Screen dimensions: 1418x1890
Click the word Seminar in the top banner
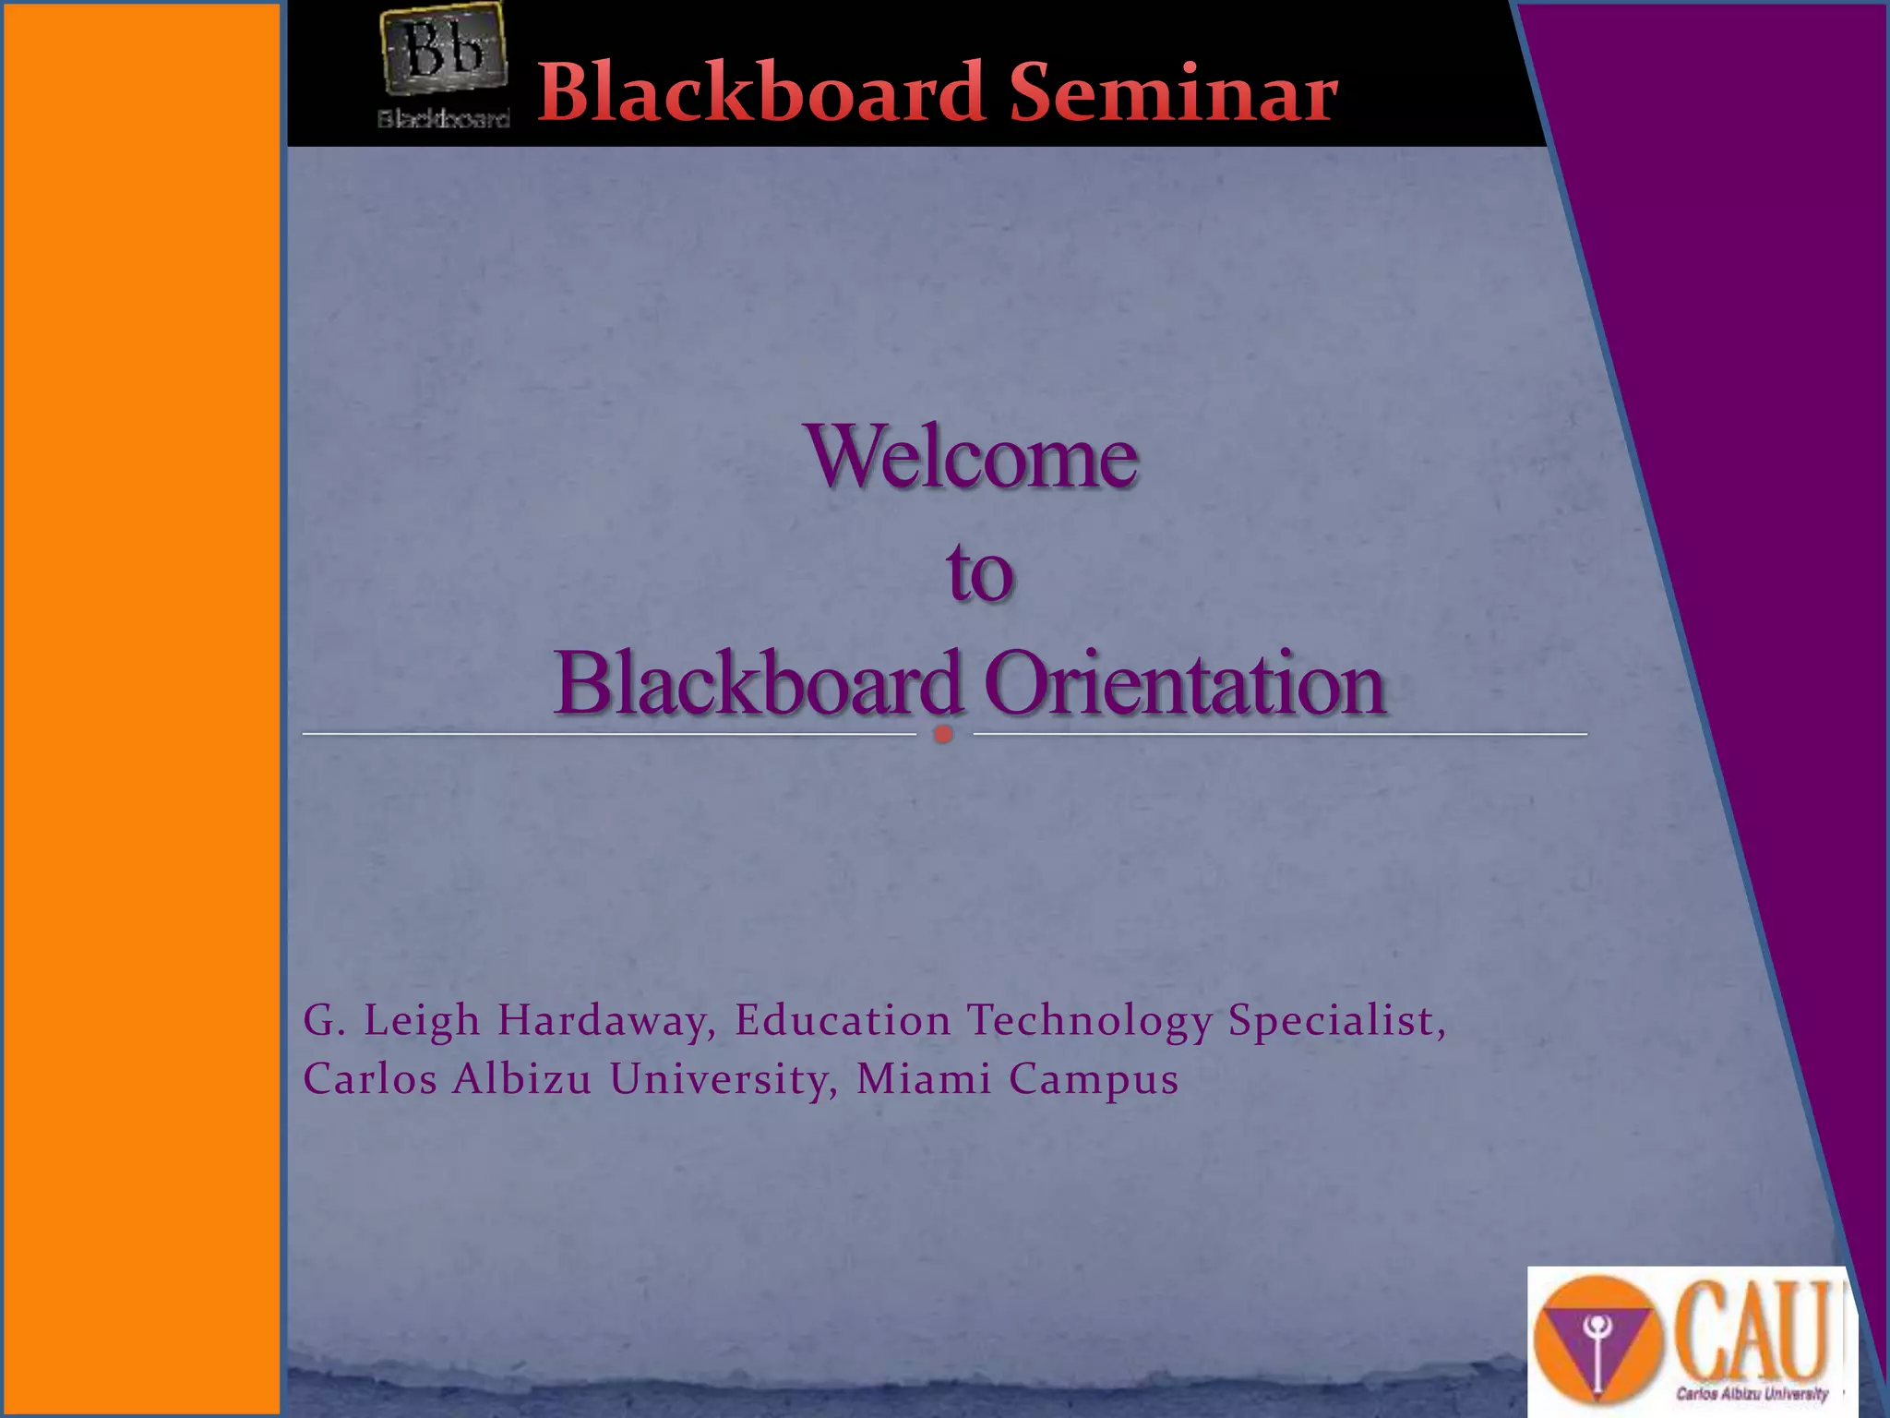1173,93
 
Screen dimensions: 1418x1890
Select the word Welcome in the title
973,457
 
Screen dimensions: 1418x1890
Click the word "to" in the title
979,572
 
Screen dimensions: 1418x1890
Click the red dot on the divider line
943,735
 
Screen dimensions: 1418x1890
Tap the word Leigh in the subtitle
422,1022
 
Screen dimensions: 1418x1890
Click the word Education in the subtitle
843,1021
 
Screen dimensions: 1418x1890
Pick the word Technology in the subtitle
1089,1022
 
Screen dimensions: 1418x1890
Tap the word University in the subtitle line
719,1079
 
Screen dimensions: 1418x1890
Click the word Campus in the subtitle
1094,1080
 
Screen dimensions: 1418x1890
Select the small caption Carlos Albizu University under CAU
1752,1394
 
